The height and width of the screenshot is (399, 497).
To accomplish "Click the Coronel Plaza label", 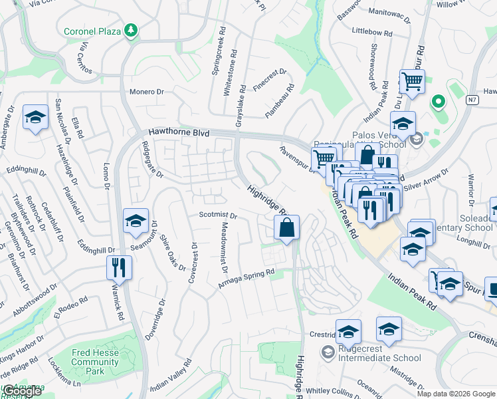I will [94, 31].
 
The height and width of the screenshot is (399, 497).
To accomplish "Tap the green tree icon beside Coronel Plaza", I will [132, 30].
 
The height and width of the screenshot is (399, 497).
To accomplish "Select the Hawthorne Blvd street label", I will [178, 132].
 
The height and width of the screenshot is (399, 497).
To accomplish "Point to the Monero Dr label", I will [147, 92].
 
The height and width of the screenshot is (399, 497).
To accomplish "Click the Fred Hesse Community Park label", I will [95, 357].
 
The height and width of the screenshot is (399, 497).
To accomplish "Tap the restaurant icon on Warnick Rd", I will [120, 267].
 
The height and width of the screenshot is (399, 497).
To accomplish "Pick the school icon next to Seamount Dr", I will [136, 221].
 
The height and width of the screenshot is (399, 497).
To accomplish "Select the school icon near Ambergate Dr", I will [35, 118].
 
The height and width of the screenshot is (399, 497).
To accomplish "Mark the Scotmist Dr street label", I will [218, 215].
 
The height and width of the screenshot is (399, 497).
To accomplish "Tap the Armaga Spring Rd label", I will [247, 279].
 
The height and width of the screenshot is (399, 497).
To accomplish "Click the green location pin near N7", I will [437, 102].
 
